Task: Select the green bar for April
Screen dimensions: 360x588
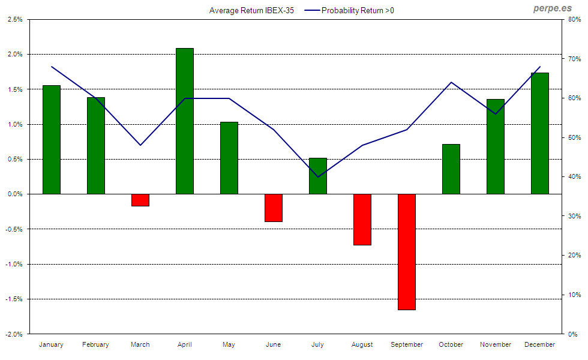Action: [185, 121]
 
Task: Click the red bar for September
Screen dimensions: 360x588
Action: [407, 251]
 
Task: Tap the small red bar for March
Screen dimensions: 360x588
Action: [140, 200]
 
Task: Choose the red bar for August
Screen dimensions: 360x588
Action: [362, 219]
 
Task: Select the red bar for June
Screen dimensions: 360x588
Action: [274, 208]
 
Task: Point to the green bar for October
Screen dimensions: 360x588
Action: [451, 169]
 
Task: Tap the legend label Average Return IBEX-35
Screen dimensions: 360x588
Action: [251, 11]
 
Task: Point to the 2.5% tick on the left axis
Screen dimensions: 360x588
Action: [15, 19]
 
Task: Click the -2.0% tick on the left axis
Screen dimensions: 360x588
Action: [14, 334]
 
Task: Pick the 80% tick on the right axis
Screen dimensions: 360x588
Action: [573, 19]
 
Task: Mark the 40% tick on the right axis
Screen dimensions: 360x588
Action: [573, 176]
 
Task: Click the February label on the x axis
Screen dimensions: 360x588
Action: [96, 344]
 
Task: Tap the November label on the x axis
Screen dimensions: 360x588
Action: [496, 344]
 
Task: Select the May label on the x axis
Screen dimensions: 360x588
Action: [229, 344]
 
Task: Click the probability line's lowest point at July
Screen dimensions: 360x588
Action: [318, 177]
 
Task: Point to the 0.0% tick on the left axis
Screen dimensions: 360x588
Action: [15, 194]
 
